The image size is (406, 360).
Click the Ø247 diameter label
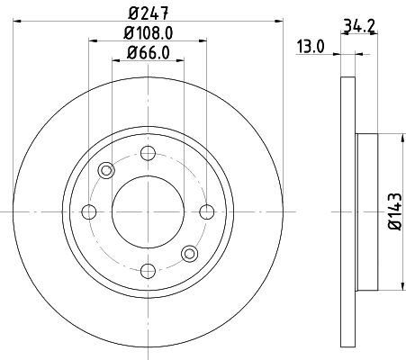pyautogui.click(x=148, y=13)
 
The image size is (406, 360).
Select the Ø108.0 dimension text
pyautogui.click(x=148, y=34)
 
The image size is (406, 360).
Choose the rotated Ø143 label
pyautogui.click(x=395, y=212)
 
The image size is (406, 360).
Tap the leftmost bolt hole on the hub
pyautogui.click(x=88, y=211)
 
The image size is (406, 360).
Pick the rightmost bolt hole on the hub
pyautogui.click(x=206, y=211)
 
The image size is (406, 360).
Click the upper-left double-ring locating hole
pyautogui.click(x=106, y=170)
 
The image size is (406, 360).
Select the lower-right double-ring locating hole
pyautogui.click(x=189, y=254)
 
